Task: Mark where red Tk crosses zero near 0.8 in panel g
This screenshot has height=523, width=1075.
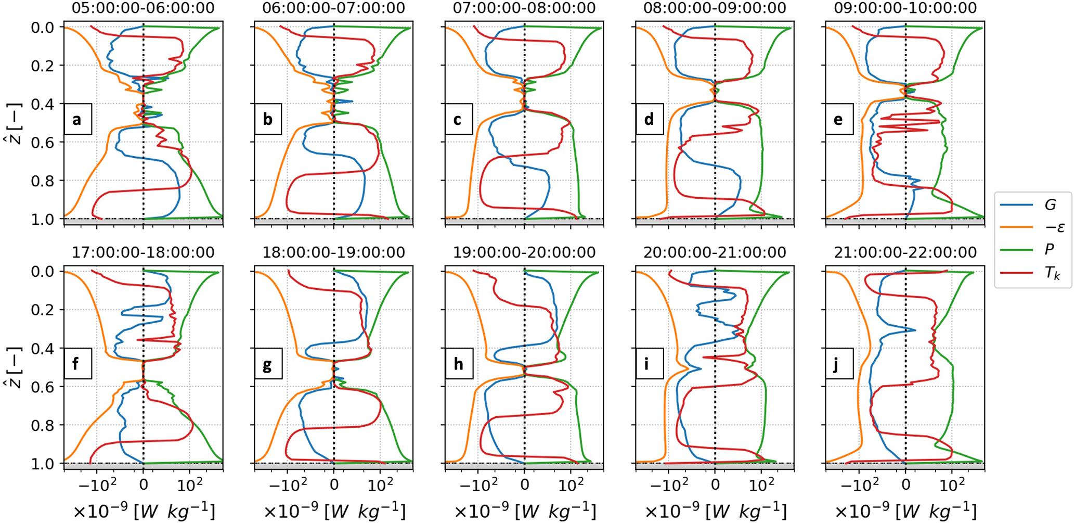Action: coord(334,428)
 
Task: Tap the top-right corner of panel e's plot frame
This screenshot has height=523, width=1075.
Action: coord(985,21)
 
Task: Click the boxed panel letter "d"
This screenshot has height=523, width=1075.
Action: coord(649,119)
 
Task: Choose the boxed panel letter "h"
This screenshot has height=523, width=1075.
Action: coord(459,364)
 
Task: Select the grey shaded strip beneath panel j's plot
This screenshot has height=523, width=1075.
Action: coord(905,466)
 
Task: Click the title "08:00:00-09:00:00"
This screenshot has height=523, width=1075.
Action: coord(715,8)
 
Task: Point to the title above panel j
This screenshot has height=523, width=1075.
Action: coord(905,253)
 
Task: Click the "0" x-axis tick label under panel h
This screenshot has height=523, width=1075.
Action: coord(524,484)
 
